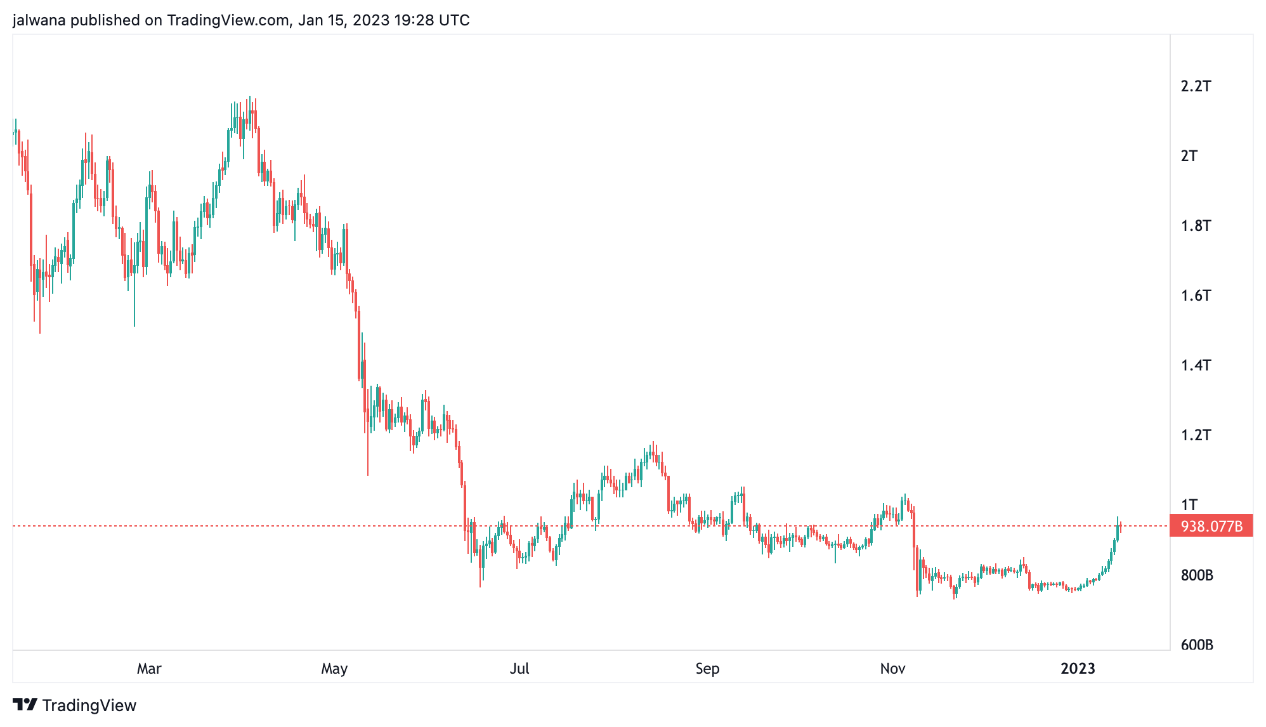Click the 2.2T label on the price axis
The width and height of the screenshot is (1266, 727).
[x=1196, y=86]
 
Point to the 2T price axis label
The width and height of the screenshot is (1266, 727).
[x=1189, y=156]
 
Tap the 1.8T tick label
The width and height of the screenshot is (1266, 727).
[x=1196, y=226]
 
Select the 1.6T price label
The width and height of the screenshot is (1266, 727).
[x=1196, y=296]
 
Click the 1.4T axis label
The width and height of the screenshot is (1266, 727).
[x=1196, y=365]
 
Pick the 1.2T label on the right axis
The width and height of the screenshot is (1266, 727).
[x=1196, y=435]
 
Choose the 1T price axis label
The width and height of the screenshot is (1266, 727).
[x=1189, y=505]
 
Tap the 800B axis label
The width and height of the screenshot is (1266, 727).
[x=1197, y=575]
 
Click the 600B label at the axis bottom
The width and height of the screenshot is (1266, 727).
[x=1197, y=645]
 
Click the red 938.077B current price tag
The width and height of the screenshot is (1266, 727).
[x=1211, y=527]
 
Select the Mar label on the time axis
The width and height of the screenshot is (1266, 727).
[x=149, y=669]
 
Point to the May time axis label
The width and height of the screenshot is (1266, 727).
[x=334, y=669]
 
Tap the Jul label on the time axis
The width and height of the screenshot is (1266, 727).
[x=519, y=669]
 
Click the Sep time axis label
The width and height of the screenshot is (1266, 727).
[x=707, y=669]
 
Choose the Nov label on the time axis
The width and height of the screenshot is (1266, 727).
[x=892, y=669]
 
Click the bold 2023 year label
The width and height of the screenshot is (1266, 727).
[x=1078, y=669]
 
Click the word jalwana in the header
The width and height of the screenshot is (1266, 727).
[x=39, y=20]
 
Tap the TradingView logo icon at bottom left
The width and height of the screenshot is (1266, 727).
[x=25, y=705]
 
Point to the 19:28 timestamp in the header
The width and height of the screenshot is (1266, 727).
[x=414, y=20]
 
